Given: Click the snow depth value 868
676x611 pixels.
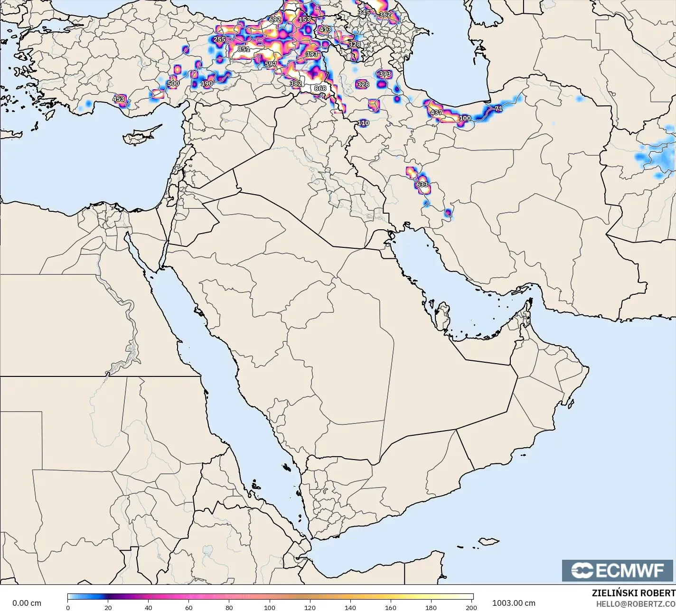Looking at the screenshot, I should (320, 88).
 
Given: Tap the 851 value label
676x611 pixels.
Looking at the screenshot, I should (244, 49).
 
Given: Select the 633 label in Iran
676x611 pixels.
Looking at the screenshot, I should (422, 185).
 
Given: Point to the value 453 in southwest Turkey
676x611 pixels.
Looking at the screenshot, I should (118, 99).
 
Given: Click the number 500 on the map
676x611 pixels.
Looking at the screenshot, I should (173, 84).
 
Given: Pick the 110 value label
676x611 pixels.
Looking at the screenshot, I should (363, 123).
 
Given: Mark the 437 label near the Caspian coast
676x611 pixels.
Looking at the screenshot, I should (436, 113).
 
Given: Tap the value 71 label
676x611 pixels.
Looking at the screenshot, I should (498, 109).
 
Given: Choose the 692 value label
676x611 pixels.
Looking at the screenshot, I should (275, 19).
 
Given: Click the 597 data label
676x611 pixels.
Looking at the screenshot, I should (270, 64).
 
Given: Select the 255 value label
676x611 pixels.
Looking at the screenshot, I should (219, 39).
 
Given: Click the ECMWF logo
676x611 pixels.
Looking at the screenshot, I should (618, 570).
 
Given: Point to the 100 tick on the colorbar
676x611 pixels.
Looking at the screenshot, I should (270, 607).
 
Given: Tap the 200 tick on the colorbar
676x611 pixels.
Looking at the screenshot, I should (471, 607).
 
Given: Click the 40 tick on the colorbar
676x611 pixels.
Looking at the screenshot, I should (149, 607).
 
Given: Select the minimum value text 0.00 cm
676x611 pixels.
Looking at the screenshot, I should (27, 603).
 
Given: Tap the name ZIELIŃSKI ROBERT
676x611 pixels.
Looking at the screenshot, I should (633, 593).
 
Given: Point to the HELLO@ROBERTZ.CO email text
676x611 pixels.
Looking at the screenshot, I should (636, 603).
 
